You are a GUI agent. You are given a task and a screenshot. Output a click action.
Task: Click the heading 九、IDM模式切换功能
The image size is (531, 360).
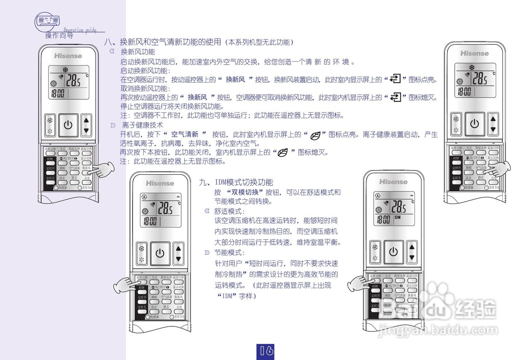(236, 182)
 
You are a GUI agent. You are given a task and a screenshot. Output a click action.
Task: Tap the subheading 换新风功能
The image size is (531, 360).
(138, 52)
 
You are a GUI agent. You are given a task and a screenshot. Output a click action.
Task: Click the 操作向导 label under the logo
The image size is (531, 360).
(59, 36)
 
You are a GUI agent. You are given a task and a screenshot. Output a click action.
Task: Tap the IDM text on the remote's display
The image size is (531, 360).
(397, 217)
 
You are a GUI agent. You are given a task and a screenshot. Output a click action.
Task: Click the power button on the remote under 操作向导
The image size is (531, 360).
(68, 124)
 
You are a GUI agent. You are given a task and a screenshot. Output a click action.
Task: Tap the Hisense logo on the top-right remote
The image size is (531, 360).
(474, 54)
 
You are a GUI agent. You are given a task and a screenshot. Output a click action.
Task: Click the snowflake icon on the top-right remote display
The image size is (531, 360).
(472, 67)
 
